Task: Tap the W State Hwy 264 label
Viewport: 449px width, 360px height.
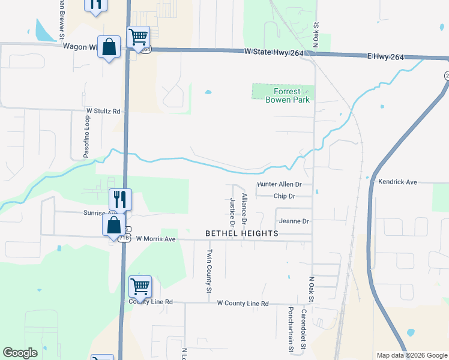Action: click(x=274, y=53)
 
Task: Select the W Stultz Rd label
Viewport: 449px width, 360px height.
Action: click(x=103, y=112)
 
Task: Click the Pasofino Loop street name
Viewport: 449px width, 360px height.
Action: click(x=86, y=135)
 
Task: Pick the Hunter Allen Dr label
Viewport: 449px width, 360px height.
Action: click(x=279, y=185)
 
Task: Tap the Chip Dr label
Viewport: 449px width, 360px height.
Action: click(x=284, y=196)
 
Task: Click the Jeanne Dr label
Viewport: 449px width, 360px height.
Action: click(x=294, y=221)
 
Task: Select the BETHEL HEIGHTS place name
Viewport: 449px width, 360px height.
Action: click(x=242, y=233)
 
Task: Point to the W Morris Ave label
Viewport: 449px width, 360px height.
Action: click(x=155, y=239)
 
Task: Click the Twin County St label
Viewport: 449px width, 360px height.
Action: click(x=209, y=271)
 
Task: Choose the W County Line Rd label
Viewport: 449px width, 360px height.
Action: click(x=243, y=304)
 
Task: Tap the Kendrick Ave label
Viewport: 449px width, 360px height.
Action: click(x=397, y=182)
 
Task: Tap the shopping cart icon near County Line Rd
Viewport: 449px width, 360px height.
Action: click(x=140, y=287)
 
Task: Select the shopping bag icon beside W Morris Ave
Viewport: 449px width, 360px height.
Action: click(x=113, y=227)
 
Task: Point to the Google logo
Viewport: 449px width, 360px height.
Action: click(x=20, y=353)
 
